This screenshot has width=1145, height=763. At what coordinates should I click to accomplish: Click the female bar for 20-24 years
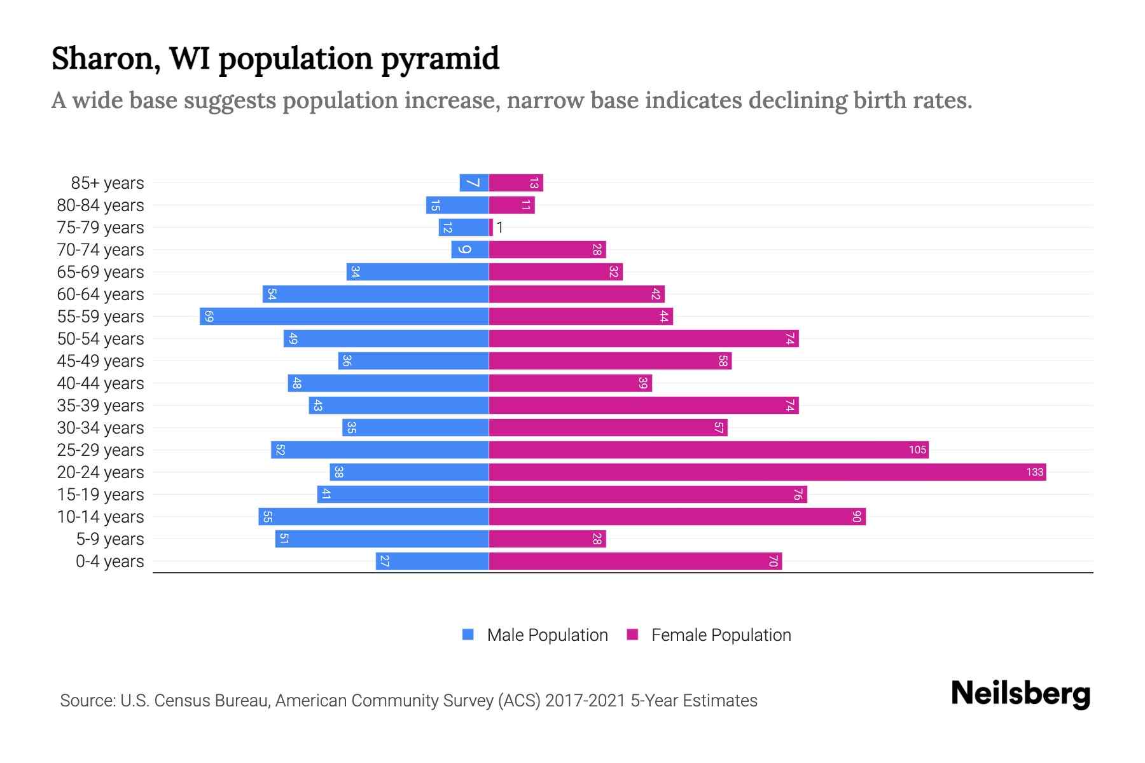point(767,472)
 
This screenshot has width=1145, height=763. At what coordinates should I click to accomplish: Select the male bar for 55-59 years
point(343,316)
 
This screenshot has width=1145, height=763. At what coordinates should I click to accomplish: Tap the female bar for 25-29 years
point(708,450)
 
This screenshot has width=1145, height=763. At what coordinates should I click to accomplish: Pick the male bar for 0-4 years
point(432,561)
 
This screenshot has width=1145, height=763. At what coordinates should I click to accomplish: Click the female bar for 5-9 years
point(547,539)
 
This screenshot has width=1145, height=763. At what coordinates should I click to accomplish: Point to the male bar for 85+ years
point(474,182)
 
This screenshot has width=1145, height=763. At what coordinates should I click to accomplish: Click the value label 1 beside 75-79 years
point(500,228)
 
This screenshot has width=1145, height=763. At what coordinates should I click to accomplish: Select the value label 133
point(1034,472)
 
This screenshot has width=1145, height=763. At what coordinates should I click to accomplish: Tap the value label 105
point(917,450)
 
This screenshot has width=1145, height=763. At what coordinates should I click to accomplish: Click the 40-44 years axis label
point(101,383)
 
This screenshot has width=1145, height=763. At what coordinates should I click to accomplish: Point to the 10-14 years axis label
point(101,517)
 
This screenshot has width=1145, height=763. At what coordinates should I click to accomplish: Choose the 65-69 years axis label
point(101,272)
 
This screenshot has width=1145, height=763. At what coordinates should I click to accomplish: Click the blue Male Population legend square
point(468,635)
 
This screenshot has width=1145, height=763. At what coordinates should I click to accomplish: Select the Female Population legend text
point(721,635)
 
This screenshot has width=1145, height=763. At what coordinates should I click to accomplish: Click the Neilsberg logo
point(1020,693)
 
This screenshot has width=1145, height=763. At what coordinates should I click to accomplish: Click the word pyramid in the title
point(440,58)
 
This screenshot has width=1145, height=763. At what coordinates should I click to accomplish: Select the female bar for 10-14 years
point(677,516)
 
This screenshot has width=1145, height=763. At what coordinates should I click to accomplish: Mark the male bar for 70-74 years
point(469,249)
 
